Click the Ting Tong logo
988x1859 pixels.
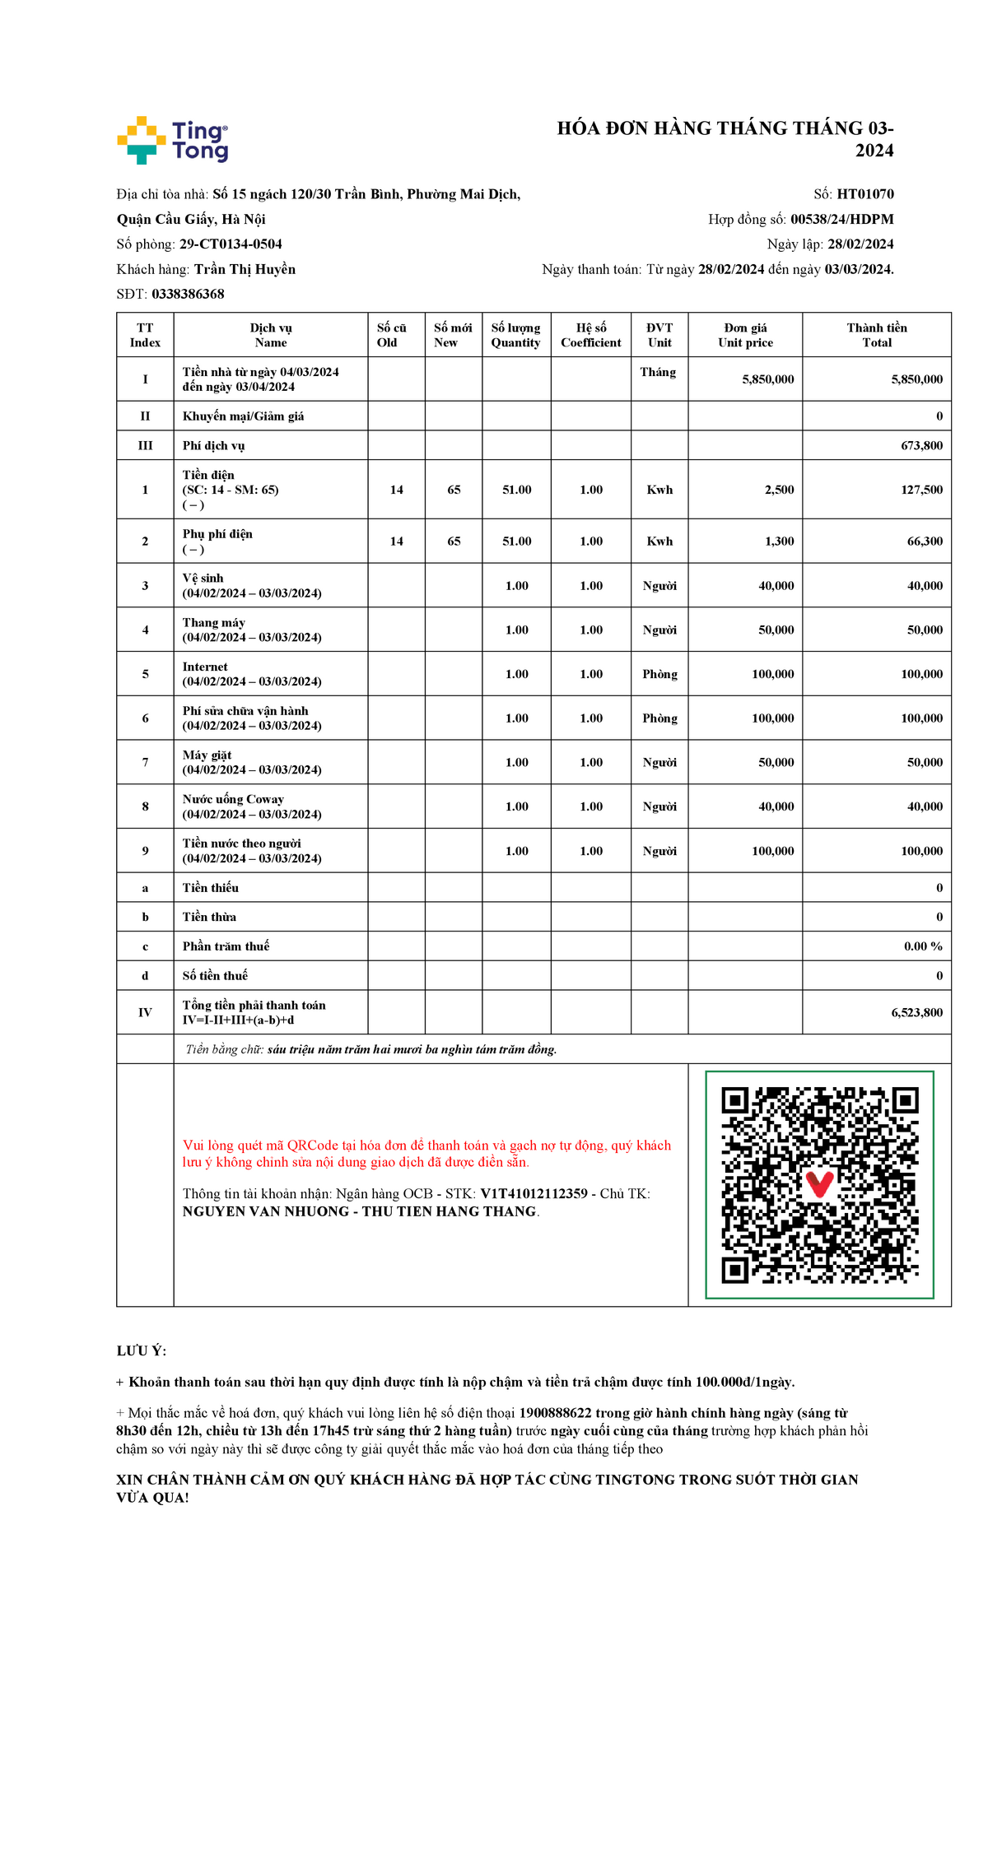[172, 140]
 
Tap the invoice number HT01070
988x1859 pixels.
[864, 194]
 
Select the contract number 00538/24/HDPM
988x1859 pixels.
[841, 219]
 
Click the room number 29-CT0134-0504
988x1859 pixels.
[231, 244]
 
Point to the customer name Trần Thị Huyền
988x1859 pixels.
[245, 269]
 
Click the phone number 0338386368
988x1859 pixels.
[188, 294]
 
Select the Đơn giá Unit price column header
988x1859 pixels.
[745, 335]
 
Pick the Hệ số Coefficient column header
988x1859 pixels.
[590, 335]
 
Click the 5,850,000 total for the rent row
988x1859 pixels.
[916, 379]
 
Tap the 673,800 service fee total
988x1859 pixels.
[921, 445]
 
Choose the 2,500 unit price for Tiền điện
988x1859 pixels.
[779, 490]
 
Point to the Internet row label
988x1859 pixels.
[205, 667]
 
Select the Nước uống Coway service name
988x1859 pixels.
[233, 799]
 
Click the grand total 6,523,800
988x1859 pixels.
[916, 1012]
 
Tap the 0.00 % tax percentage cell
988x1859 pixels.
[923, 946]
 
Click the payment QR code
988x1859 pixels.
[819, 1184]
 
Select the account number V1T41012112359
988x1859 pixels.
[534, 1193]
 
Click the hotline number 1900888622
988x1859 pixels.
[555, 1413]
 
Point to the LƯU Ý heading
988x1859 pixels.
[142, 1350]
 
